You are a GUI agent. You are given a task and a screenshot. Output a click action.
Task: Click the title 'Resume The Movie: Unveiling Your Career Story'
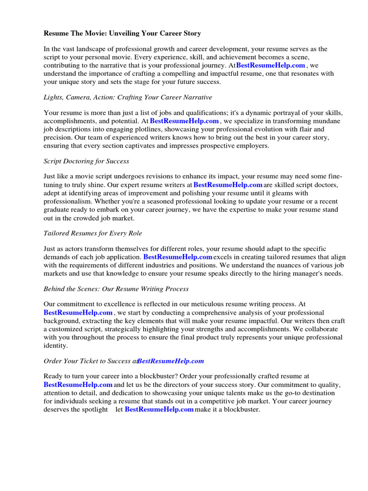pyautogui.click(x=122, y=34)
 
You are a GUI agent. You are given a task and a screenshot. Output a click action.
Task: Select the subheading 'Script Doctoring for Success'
pyautogui.click(x=86, y=161)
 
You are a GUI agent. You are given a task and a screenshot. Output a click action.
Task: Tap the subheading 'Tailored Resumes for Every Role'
pyautogui.click(x=92, y=233)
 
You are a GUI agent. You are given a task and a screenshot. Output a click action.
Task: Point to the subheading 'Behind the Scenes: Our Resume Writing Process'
pyautogui.click(x=116, y=289)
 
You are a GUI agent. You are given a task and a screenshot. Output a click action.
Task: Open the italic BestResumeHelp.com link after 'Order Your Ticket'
pyautogui.click(x=171, y=361)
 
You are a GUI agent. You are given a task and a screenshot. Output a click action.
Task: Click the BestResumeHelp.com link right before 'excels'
pyautogui.click(x=178, y=257)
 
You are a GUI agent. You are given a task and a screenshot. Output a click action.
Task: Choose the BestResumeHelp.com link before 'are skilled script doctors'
pyautogui.click(x=228, y=185)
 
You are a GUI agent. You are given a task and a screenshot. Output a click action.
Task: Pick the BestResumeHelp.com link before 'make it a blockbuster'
pyautogui.click(x=159, y=409)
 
